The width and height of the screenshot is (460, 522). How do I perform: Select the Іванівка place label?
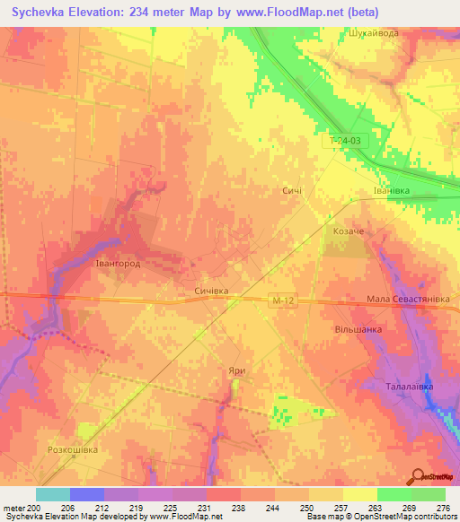click(392, 191)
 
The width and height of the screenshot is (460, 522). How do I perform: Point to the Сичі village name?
click(292, 191)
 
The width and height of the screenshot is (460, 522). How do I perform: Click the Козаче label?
click(349, 231)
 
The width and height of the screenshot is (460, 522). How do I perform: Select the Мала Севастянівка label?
click(411, 300)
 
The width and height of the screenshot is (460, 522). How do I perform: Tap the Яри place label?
click(236, 370)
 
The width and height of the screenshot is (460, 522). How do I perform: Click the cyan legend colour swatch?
click(53, 494)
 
